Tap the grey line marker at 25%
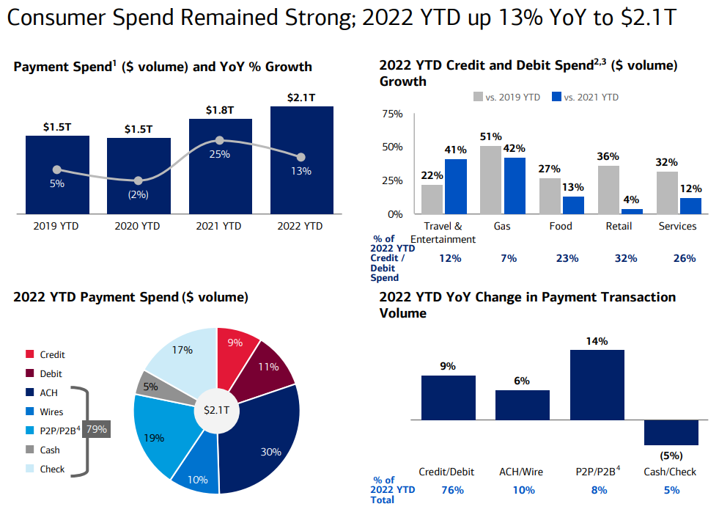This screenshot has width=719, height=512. coord(220,140)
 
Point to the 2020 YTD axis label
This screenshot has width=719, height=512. coord(138,227)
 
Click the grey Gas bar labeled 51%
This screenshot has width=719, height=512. coord(490,180)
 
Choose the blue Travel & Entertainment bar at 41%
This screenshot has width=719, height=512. coord(455,186)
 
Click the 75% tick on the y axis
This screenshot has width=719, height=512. coord(393,114)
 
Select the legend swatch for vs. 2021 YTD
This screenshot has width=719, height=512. coord(556,97)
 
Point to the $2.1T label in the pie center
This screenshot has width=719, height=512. coord(218,411)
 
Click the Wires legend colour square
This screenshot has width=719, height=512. coord(29,412)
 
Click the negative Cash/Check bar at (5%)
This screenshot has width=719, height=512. coord(671,432)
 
